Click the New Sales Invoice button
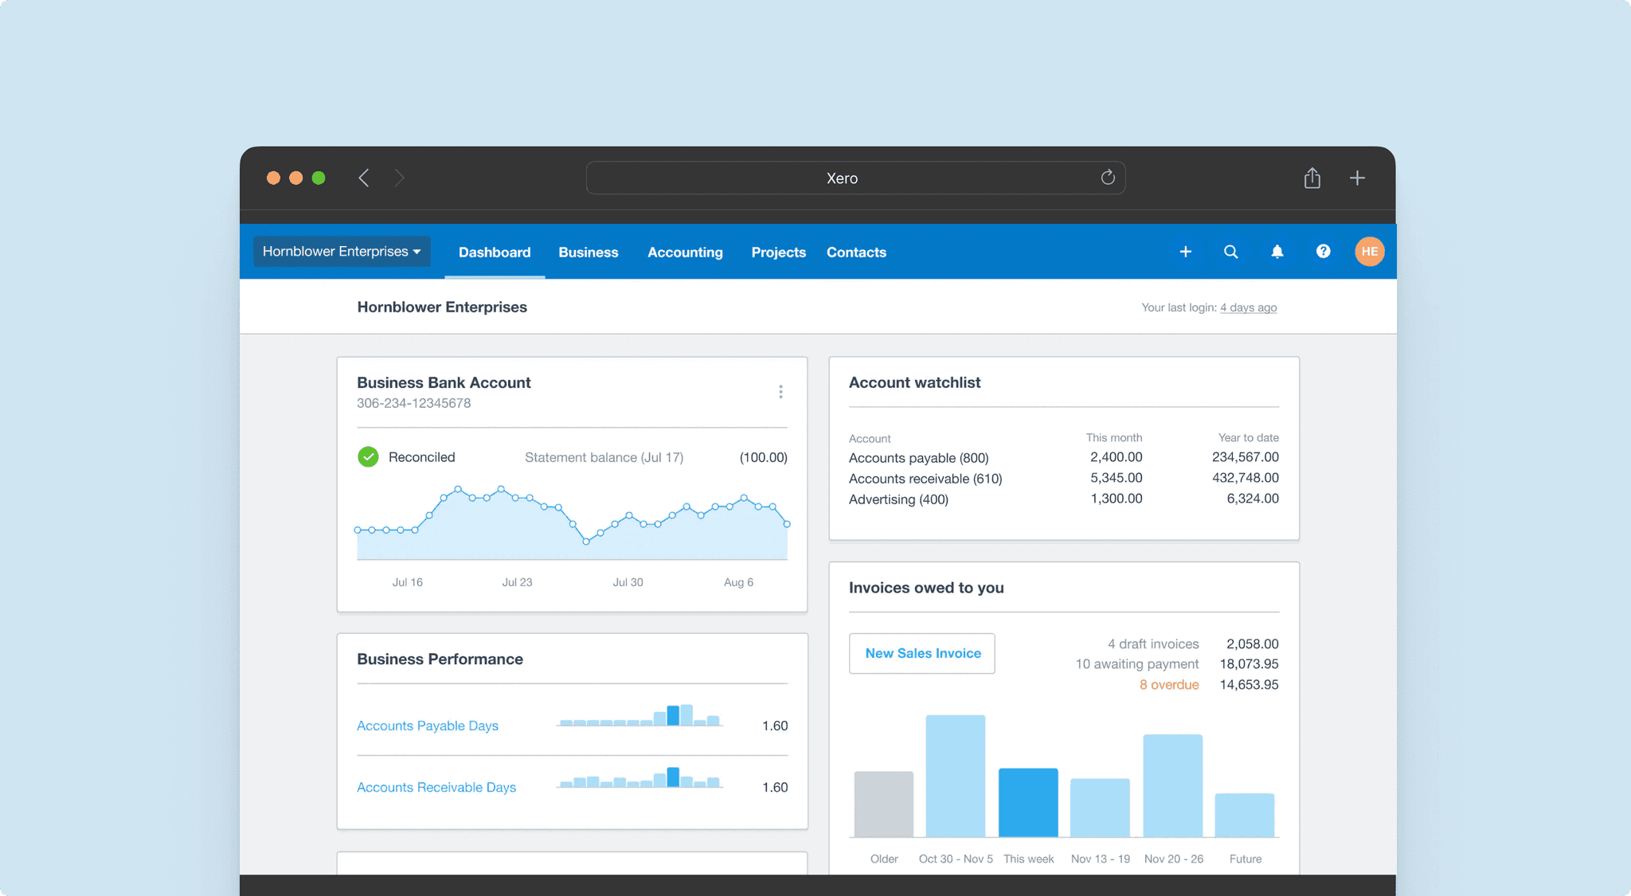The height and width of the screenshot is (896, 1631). pos(922,653)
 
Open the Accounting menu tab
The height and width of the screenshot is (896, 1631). pos(685,252)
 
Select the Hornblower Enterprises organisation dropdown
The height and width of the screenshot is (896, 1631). pos(342,252)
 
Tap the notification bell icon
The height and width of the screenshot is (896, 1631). pos(1277,252)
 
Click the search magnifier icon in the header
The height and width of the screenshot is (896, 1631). pos(1230,252)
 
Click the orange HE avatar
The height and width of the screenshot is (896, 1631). pos(1369,252)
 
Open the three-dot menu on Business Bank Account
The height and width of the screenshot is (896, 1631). pos(780,392)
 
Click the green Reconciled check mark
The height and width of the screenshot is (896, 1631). pos(368,457)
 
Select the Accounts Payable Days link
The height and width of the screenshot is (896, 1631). pos(428,726)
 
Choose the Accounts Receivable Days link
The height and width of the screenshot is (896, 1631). pos(436,787)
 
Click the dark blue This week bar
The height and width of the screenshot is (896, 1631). pos(1028,803)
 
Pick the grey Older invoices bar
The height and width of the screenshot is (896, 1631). pos(883,804)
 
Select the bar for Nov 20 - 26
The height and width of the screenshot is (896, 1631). pos(1172,785)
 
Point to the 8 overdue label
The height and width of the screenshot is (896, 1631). pos(1168,685)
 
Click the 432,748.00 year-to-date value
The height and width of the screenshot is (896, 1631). pos(1245,478)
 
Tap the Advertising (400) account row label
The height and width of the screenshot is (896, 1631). pos(898,499)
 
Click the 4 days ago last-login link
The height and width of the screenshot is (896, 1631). pos(1248,307)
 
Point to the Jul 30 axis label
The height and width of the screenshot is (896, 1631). pos(628,582)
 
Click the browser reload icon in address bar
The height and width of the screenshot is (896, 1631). pos(1108,178)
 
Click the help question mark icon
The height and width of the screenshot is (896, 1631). pos(1323,252)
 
